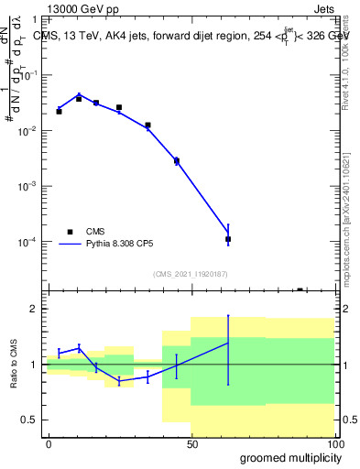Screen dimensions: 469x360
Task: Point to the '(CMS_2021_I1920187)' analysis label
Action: click(190, 273)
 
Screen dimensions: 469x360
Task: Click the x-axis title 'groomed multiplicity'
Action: click(286, 457)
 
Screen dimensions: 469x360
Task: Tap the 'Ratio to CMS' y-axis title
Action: click(14, 364)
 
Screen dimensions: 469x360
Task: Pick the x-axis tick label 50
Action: click(191, 443)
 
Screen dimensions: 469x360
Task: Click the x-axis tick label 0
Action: click(49, 443)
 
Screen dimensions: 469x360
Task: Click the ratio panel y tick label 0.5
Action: click(29, 420)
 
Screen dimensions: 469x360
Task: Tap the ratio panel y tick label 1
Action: click(34, 365)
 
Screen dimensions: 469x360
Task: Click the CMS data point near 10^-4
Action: click(228, 239)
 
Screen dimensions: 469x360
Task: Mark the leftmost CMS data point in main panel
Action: click(59, 111)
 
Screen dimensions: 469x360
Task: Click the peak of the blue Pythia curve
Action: click(79, 94)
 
